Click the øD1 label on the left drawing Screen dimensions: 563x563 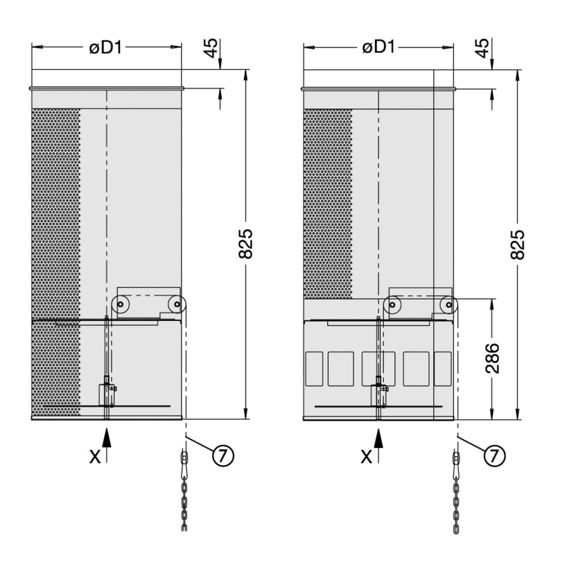pyautogui.click(x=106, y=47)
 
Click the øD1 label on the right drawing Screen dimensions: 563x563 pyautogui.click(x=378, y=47)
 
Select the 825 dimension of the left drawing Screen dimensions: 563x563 pyautogui.click(x=246, y=244)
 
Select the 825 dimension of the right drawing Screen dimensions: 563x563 pyautogui.click(x=517, y=244)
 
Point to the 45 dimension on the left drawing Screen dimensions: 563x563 pyautogui.click(x=211, y=47)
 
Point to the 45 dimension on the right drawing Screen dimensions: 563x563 pyautogui.click(x=482, y=47)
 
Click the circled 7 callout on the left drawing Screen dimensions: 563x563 pyautogui.click(x=223, y=455)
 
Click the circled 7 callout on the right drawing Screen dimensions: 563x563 pyautogui.click(x=495, y=455)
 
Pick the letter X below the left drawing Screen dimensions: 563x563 pyautogui.click(x=95, y=457)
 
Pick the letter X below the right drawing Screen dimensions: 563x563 pyautogui.click(x=367, y=457)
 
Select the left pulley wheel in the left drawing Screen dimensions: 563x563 pyautogui.click(x=120, y=305)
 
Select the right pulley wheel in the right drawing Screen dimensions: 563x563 pyautogui.click(x=448, y=305)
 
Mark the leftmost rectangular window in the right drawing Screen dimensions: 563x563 pyautogui.click(x=314, y=369)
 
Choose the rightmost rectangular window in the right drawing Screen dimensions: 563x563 pyautogui.click(x=443, y=369)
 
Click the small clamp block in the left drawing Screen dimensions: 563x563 pyautogui.click(x=105, y=394)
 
